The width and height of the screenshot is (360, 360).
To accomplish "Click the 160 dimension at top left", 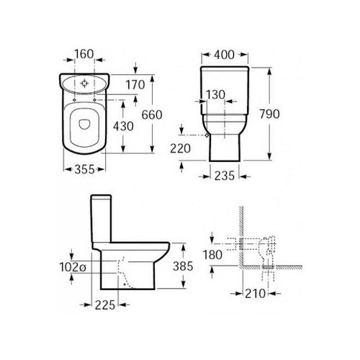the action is tap(84, 54).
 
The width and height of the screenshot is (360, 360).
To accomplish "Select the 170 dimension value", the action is tap(135, 85).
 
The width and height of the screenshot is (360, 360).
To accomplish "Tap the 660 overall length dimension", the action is tap(152, 114).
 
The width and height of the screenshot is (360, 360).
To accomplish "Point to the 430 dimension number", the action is tap(123, 126).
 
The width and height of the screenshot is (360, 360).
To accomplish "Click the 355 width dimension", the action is tap(84, 170).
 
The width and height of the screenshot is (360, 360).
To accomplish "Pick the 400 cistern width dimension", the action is tap(224, 55).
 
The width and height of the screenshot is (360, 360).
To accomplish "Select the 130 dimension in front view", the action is tap(215, 95).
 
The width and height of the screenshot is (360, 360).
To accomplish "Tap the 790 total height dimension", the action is tap(269, 114).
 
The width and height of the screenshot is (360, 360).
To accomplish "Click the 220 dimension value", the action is tap(180, 148).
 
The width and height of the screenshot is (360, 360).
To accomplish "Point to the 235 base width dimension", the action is tap(224, 176).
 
